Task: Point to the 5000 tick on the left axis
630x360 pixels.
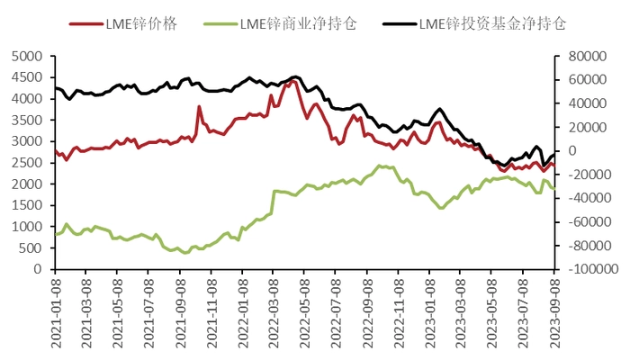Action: click(28, 56)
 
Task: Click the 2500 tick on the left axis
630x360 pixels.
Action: click(28, 163)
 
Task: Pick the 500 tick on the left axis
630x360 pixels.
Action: click(31, 247)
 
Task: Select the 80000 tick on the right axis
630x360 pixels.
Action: click(580, 56)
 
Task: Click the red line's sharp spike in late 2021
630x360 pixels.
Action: click(199, 107)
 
